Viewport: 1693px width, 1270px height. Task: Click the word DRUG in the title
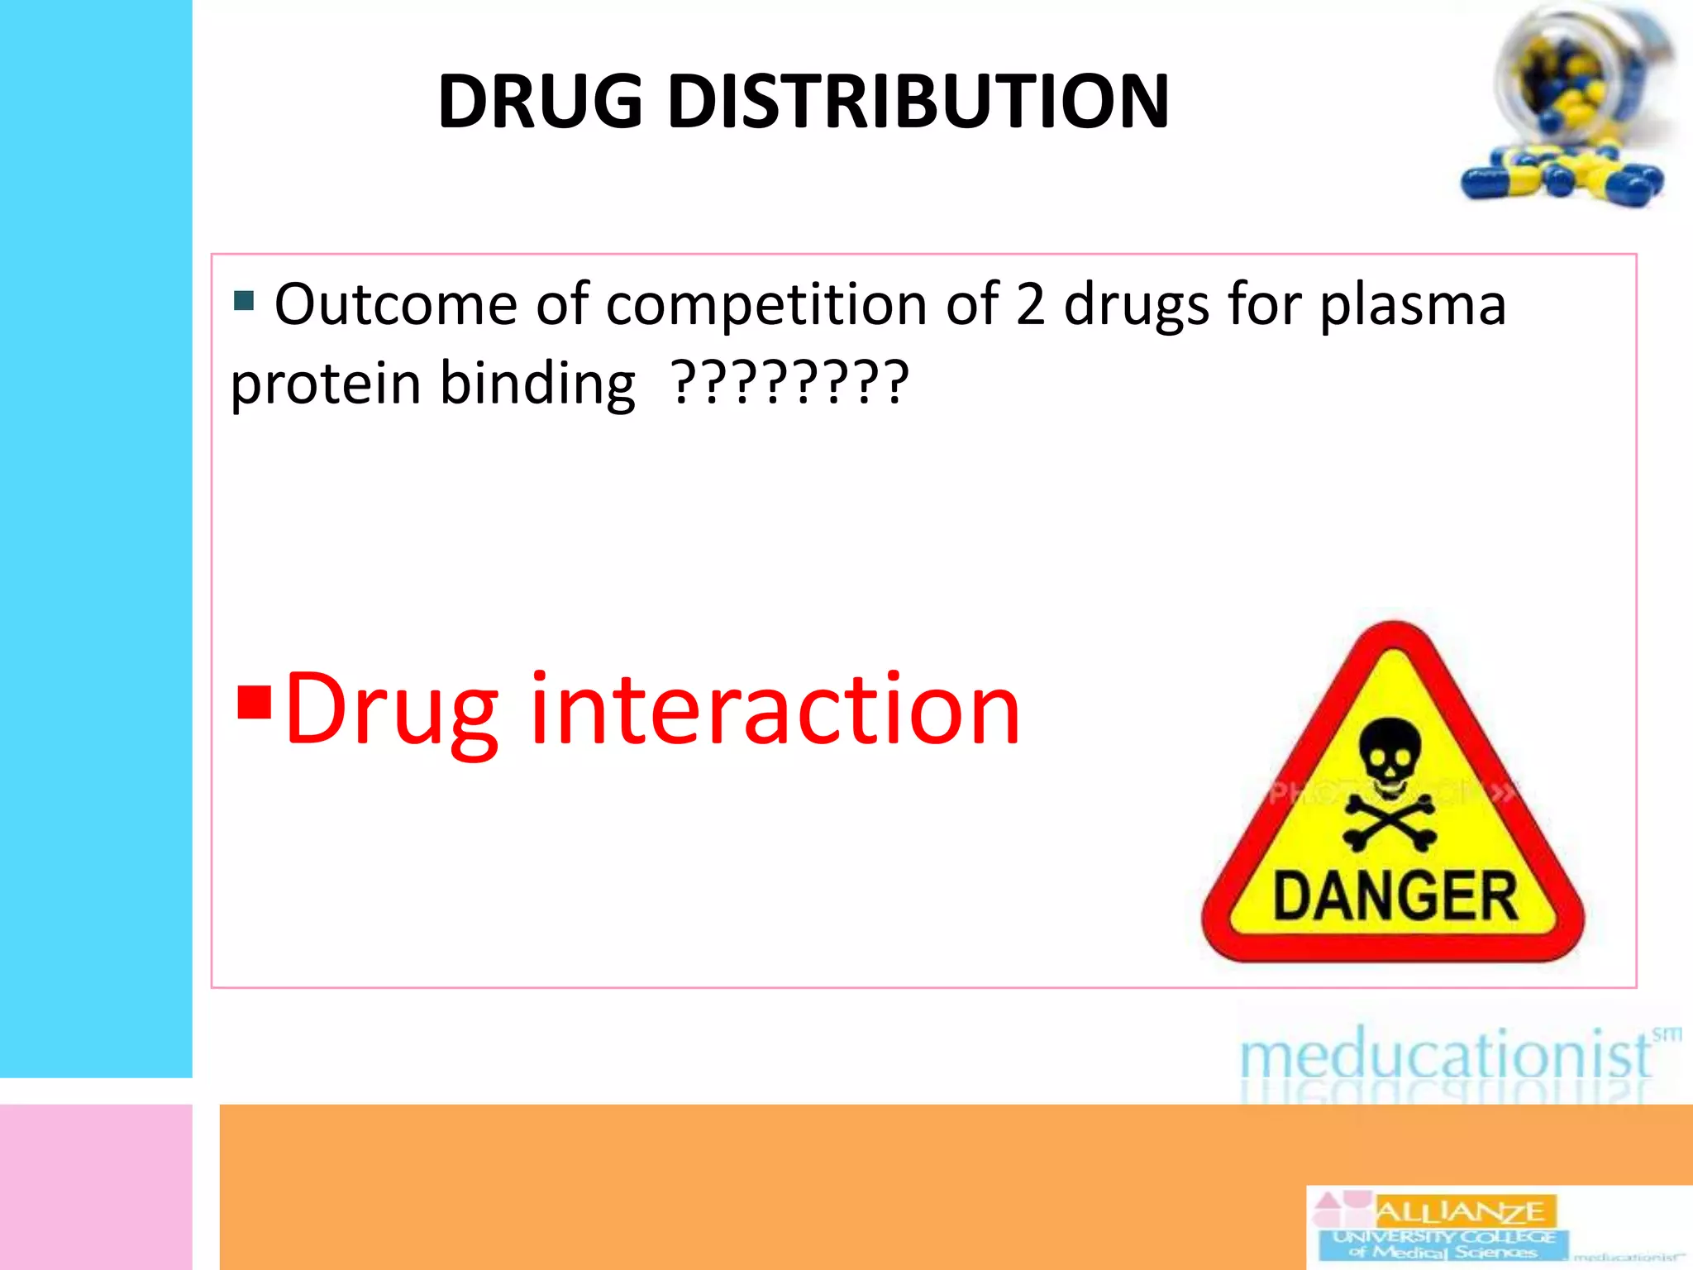(540, 102)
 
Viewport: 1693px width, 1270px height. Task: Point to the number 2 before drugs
(1030, 304)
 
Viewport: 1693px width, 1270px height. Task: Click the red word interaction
(775, 709)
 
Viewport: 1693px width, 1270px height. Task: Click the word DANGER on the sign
(1395, 896)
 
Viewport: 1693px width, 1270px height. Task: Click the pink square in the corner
(96, 1186)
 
